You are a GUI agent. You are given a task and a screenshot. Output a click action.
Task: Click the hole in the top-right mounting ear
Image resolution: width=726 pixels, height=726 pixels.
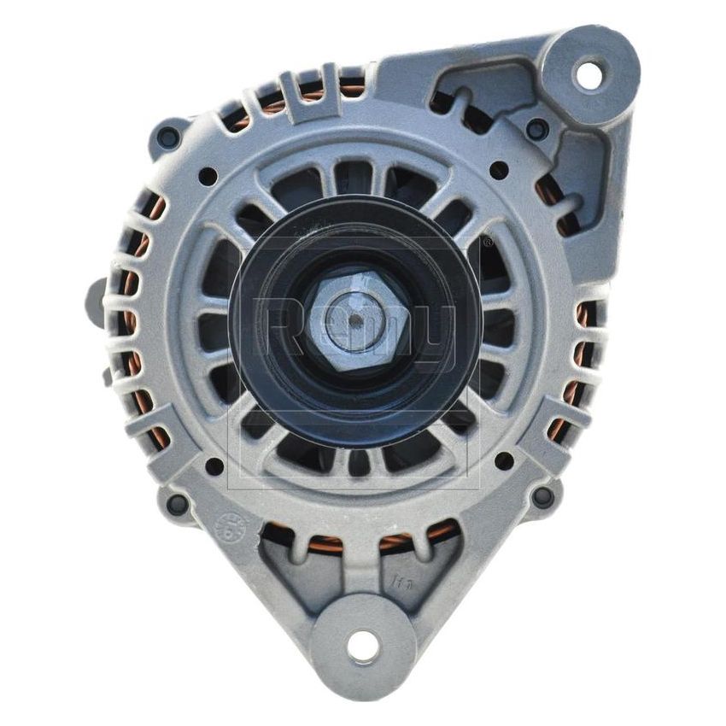(x=589, y=73)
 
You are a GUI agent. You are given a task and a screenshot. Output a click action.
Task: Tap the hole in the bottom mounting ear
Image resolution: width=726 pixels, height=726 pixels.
(x=362, y=647)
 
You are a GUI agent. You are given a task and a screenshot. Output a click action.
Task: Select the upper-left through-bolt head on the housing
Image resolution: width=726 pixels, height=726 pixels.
(x=169, y=136)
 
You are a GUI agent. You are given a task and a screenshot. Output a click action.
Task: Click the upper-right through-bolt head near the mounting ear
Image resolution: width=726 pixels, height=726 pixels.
(x=537, y=129)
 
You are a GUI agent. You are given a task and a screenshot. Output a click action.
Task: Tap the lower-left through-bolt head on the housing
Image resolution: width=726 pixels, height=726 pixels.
(x=177, y=504)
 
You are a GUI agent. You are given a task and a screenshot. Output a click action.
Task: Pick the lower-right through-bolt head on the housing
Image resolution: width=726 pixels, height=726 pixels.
(x=542, y=496)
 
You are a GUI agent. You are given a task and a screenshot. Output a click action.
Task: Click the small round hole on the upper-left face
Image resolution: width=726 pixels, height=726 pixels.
(x=208, y=176)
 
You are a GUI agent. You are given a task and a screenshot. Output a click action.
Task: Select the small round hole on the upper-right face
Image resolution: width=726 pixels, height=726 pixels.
(x=499, y=170)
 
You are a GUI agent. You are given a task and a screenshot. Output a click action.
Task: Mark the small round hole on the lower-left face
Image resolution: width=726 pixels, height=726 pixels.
(x=214, y=465)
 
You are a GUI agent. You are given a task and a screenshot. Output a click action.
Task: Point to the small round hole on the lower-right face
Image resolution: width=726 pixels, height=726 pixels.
(x=504, y=460)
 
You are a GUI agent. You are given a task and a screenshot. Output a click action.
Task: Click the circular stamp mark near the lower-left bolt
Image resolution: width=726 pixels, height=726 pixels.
(x=231, y=525)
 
